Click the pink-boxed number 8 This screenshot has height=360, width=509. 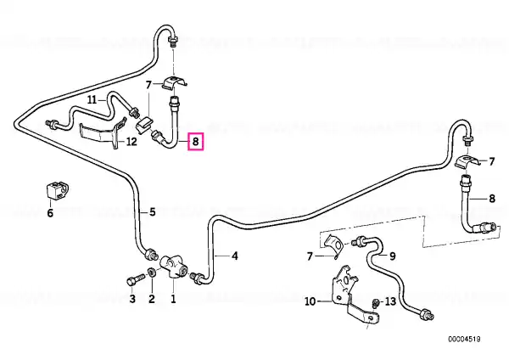(x=195, y=142)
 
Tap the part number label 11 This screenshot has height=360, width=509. (x=92, y=99)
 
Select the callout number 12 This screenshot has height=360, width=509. (x=131, y=142)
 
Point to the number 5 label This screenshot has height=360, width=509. (x=153, y=212)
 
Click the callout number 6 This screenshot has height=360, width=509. (x=50, y=213)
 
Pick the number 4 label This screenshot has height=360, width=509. (x=235, y=256)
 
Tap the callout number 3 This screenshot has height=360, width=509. (x=132, y=299)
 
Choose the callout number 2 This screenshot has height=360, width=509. (x=152, y=299)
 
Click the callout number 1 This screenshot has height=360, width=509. (x=173, y=299)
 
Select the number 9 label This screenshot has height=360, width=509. (x=393, y=256)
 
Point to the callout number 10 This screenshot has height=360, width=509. (x=310, y=301)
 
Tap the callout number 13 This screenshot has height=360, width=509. (x=390, y=301)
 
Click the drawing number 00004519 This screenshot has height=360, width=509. (x=464, y=340)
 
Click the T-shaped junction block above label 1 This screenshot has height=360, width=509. (x=174, y=266)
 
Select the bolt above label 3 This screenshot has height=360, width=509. (x=136, y=279)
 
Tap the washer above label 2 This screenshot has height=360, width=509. (x=151, y=273)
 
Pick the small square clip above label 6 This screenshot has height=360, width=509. (x=56, y=191)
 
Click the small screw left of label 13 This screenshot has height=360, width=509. (x=376, y=302)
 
